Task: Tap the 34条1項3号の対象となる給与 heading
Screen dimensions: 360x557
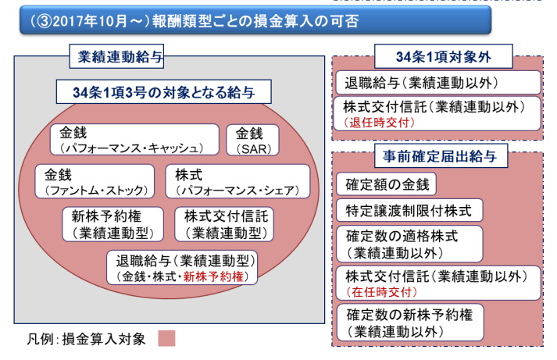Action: click(162, 93)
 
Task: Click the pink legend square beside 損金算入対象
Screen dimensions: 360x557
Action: click(166, 338)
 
